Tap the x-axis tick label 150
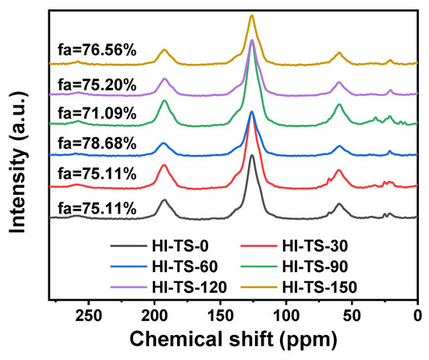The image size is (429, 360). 220,316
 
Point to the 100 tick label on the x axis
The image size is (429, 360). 286,316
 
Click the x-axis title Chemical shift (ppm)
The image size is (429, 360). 234,341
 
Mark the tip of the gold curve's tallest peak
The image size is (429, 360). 252,15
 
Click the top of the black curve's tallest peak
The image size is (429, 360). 252,155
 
